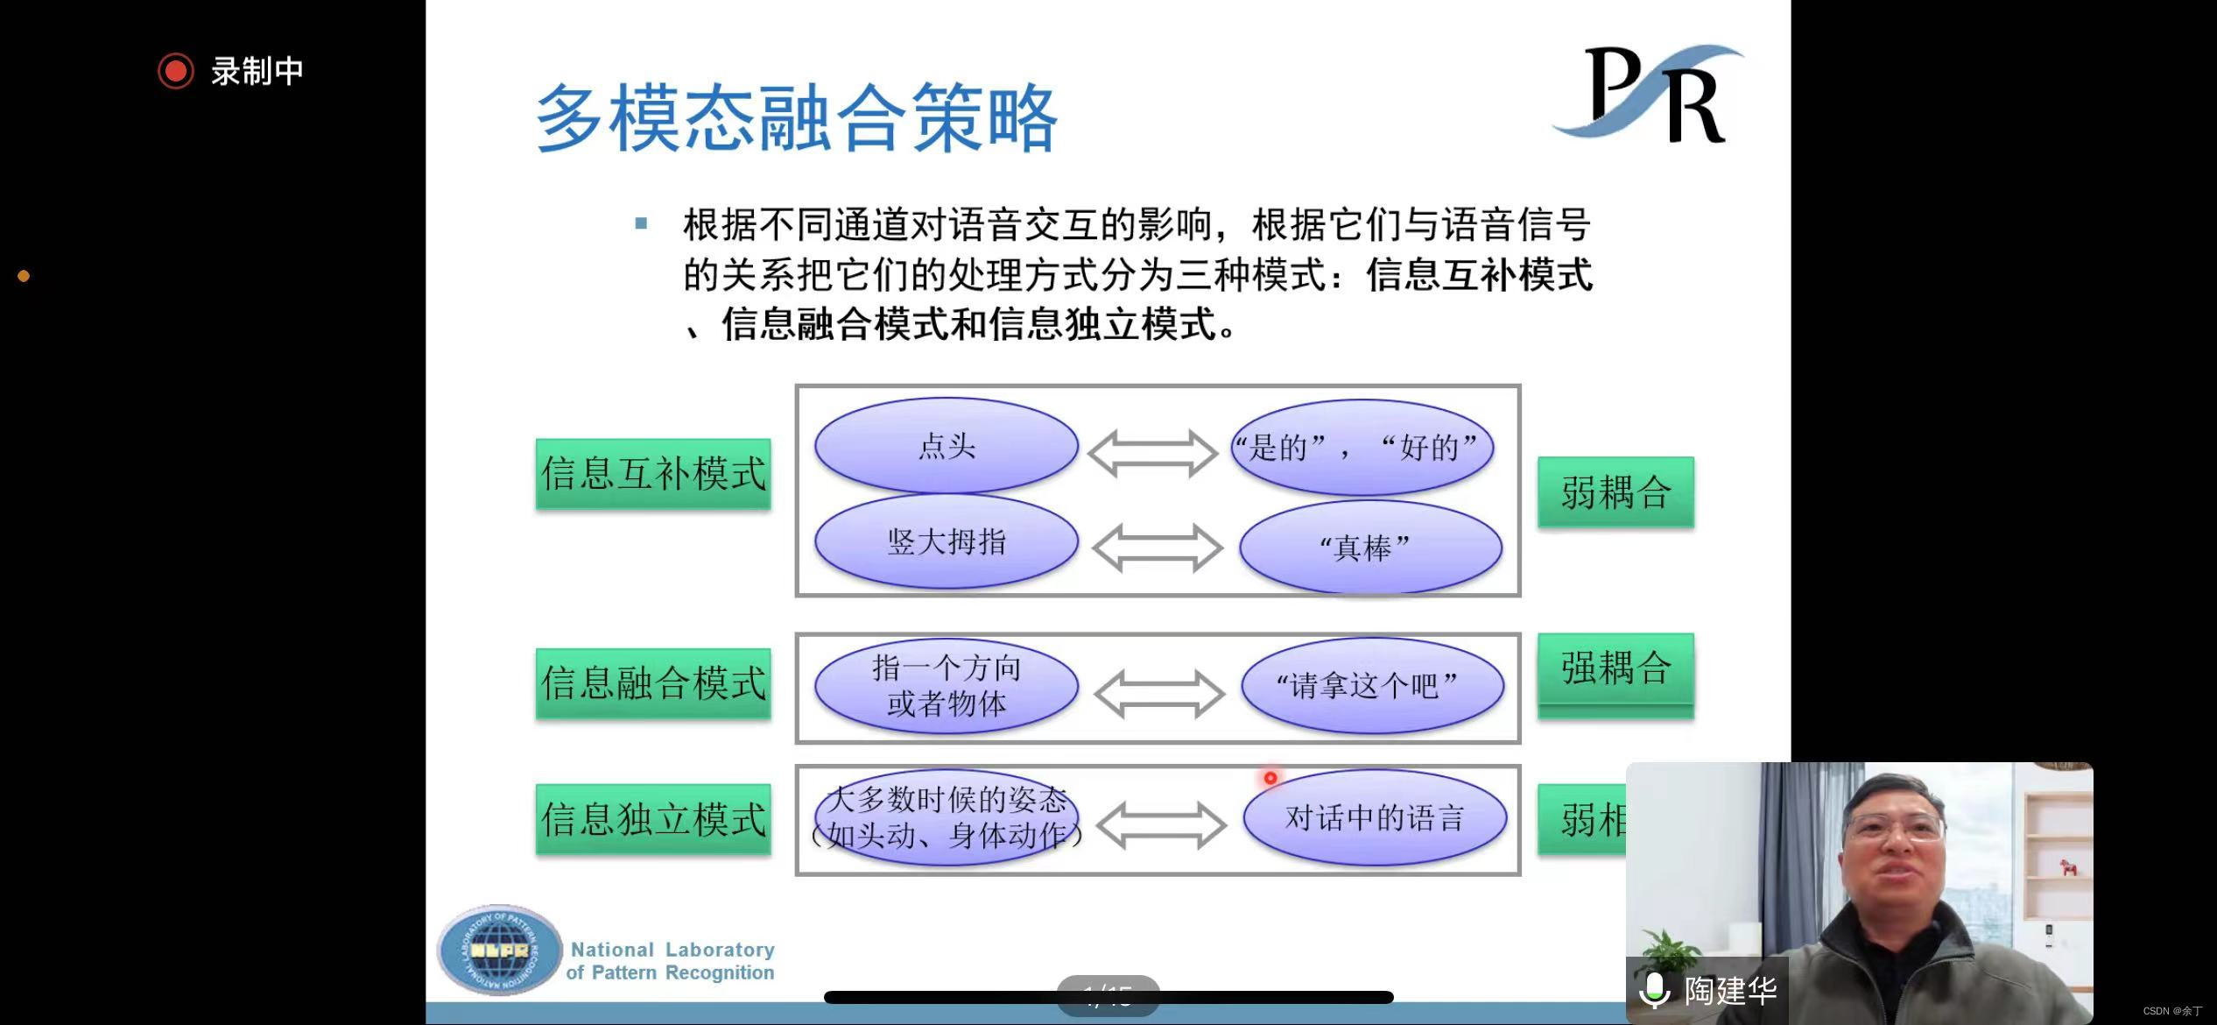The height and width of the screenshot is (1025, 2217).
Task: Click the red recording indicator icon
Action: coord(175,71)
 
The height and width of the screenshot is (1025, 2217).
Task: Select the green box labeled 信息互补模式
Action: coord(653,474)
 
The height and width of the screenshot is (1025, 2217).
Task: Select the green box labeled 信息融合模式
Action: coord(653,683)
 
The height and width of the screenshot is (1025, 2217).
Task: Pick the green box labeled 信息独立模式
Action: coord(653,819)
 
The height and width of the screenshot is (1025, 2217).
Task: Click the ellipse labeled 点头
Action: coord(946,446)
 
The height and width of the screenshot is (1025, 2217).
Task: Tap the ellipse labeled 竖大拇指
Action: coord(946,541)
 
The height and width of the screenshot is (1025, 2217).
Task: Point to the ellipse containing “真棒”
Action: coord(1369,548)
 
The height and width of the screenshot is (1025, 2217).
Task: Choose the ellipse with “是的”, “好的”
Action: coord(1362,448)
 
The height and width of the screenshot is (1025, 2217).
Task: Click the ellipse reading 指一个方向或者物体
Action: coord(946,685)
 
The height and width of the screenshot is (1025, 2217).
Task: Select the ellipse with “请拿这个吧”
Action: coord(1371,685)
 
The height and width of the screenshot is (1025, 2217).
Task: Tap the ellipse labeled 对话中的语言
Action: coord(1374,818)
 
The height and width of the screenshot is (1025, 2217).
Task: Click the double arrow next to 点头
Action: coord(1152,453)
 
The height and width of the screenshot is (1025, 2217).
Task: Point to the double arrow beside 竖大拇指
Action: coord(1157,548)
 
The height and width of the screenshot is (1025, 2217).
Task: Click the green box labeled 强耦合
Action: coord(1615,668)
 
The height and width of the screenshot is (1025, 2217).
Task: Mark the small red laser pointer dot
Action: coord(1270,778)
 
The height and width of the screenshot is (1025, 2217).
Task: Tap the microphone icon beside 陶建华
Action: coord(1655,991)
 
